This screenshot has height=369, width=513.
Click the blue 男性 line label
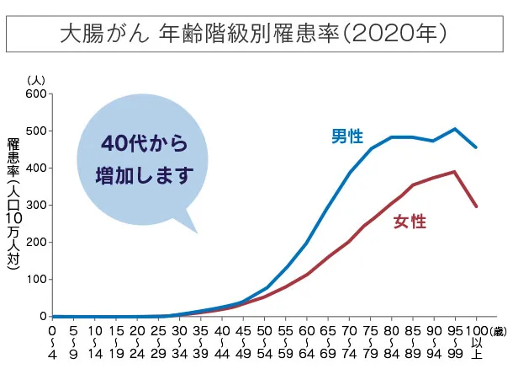click(x=347, y=136)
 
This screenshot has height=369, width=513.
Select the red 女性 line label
click(x=410, y=222)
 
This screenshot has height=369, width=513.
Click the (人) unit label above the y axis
click(x=36, y=79)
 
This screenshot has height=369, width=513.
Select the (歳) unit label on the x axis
click(x=496, y=331)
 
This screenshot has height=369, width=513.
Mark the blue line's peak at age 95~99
click(x=455, y=129)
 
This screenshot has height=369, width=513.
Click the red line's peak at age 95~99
click(x=455, y=172)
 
